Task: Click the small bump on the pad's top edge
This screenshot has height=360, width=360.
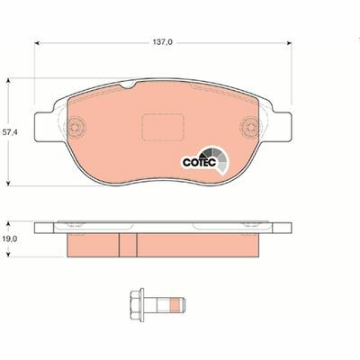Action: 130,86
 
